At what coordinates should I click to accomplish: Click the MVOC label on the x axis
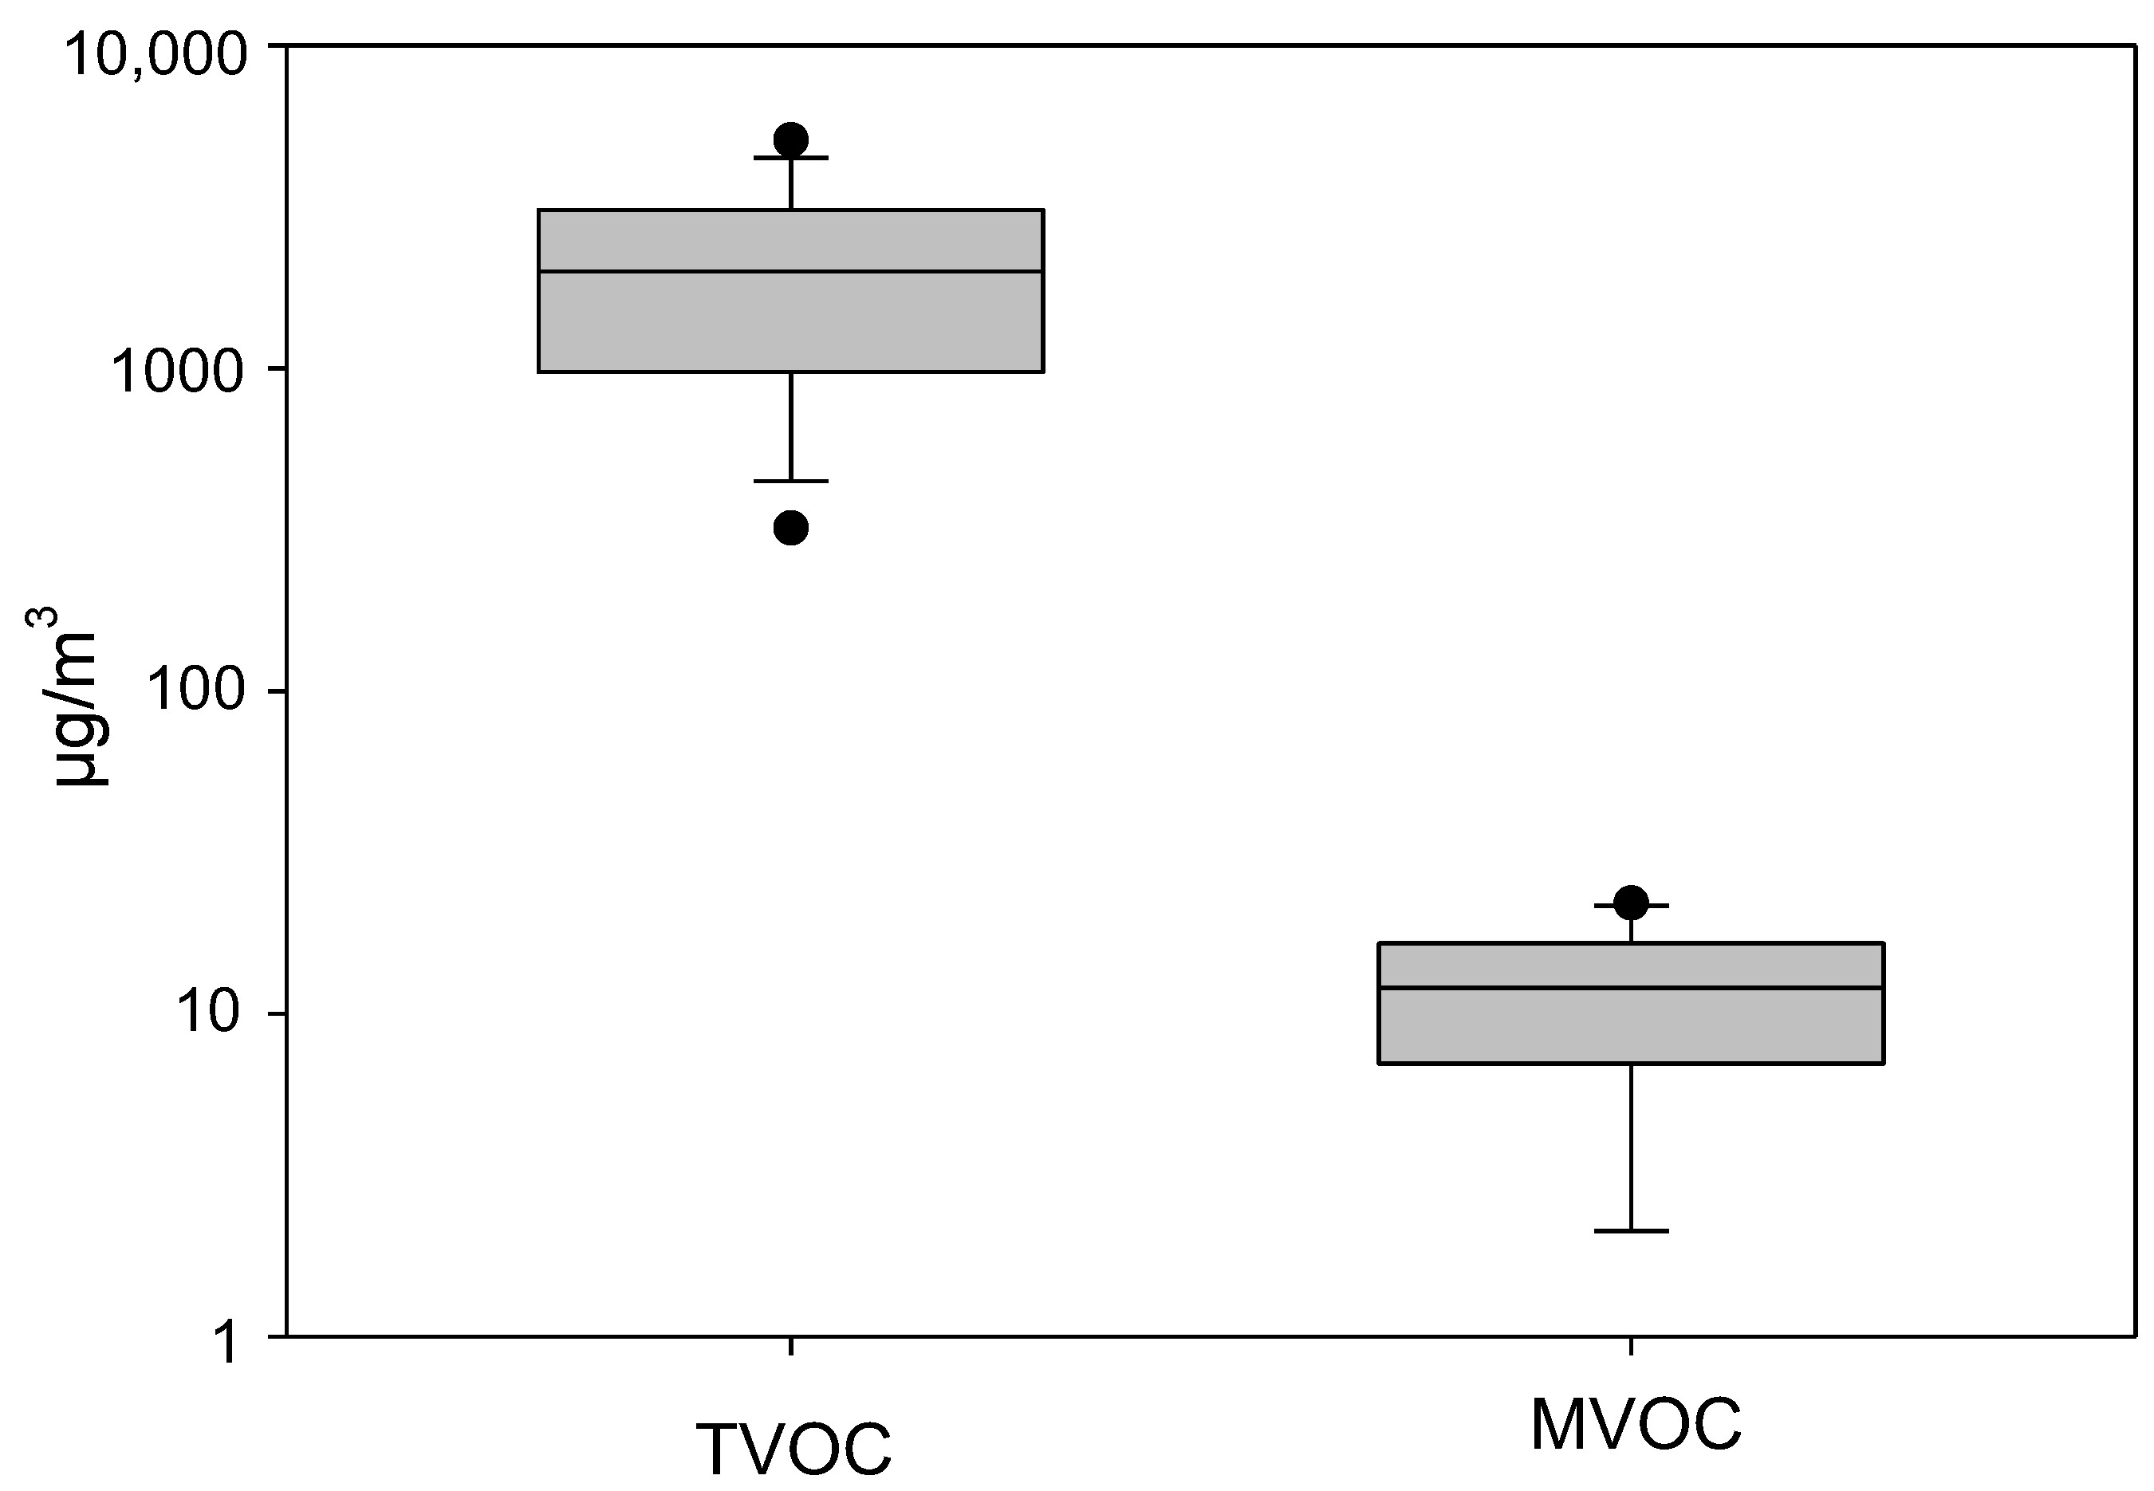coord(1636,1424)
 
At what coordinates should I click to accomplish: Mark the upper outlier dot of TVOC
coord(792,140)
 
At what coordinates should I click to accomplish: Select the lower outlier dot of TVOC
coord(792,529)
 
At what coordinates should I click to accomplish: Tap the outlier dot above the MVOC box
coord(1632,903)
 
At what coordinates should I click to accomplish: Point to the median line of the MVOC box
coord(1632,987)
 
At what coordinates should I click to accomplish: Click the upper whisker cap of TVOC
coord(792,158)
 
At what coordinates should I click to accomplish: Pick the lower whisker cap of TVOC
coord(792,481)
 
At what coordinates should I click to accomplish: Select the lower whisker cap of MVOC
coord(1632,1231)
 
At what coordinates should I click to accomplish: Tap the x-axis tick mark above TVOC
coord(792,1346)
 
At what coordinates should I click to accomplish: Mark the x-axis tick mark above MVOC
coord(1632,1346)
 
